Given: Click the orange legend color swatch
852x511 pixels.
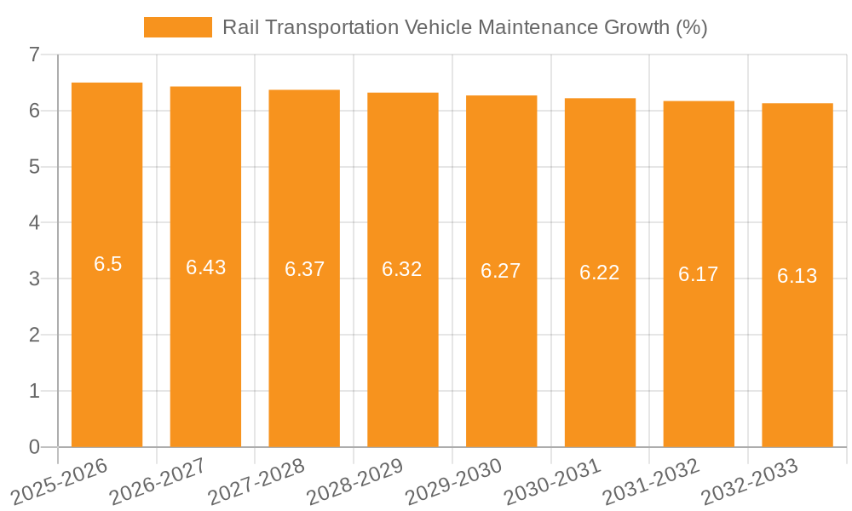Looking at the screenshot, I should tap(177, 27).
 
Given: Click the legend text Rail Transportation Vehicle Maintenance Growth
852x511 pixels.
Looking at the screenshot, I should tap(464, 27).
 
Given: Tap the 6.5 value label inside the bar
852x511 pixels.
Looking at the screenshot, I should tap(107, 264).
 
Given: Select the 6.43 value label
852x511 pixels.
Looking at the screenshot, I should tap(205, 267).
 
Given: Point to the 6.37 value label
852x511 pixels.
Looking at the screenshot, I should tap(304, 269).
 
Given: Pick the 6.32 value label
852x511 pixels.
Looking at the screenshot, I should tap(402, 269).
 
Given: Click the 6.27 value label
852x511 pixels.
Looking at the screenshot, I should tap(501, 271).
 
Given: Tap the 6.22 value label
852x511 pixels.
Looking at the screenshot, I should tap(600, 273).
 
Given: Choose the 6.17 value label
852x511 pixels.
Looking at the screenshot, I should tap(699, 274).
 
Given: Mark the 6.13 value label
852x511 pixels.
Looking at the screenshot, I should tap(797, 276).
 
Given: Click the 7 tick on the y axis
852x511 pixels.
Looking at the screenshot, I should tap(34, 55).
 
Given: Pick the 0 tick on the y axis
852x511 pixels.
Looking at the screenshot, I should tap(34, 447).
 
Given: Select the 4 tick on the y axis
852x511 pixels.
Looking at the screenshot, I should tap(34, 223).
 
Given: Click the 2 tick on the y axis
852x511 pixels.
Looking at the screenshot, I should tap(34, 335).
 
